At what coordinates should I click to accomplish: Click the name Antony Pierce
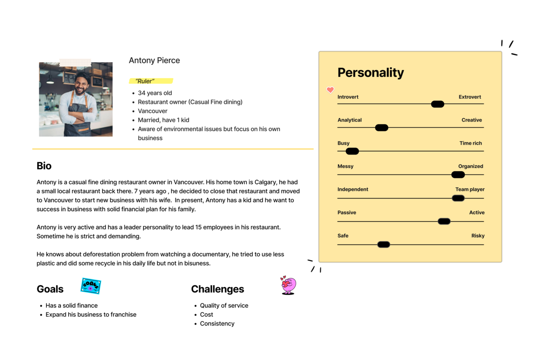point(154,60)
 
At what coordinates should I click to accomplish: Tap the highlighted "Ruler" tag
point(145,81)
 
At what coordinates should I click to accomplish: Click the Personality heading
point(370,72)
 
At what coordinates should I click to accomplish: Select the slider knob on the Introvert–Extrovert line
point(437,104)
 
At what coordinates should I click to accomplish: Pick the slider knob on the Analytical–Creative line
point(382,128)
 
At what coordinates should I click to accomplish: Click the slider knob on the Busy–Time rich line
point(352,151)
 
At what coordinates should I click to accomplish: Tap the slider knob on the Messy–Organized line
point(458,174)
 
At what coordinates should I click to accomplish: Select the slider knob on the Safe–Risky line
point(383,244)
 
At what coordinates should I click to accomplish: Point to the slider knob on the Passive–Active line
point(444,221)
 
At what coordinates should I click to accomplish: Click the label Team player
point(470,189)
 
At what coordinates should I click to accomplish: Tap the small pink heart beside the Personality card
point(330,90)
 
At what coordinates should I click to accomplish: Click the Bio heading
point(44,166)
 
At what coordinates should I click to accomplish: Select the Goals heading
point(50,289)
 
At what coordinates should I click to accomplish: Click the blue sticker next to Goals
point(91,286)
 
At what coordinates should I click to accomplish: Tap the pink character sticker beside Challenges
point(288,285)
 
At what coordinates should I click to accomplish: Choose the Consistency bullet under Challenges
point(217,323)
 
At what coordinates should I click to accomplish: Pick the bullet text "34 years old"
point(155,93)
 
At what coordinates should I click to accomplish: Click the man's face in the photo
point(81,84)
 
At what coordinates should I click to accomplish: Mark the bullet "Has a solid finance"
point(71,305)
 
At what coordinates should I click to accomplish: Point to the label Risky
point(478,236)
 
